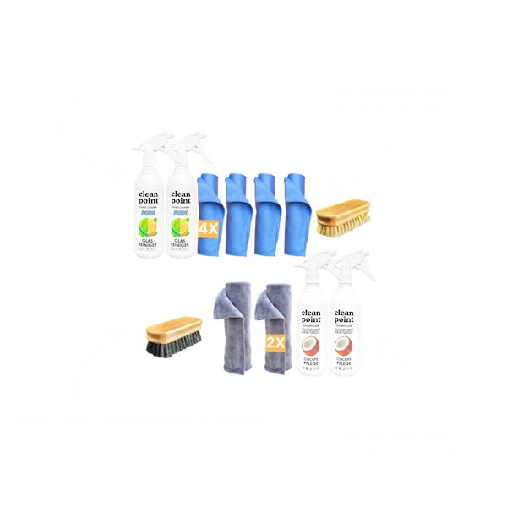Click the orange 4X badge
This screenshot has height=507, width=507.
pos(208,229)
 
